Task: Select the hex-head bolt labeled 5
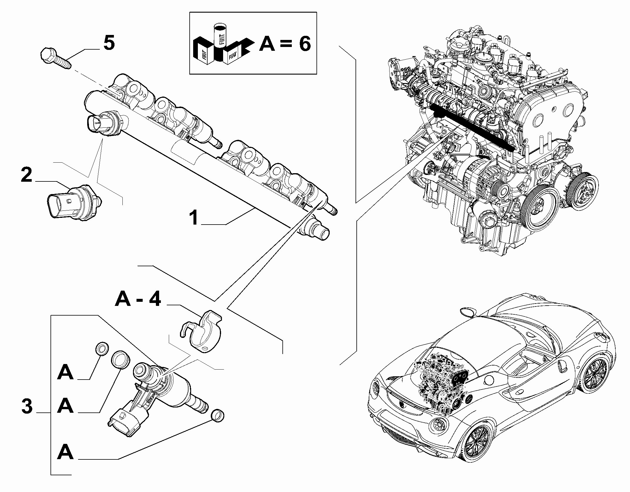point(56,59)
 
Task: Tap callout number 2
point(26,175)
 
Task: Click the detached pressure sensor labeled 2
point(73,202)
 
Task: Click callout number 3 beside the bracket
point(27,407)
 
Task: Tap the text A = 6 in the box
point(285,44)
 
